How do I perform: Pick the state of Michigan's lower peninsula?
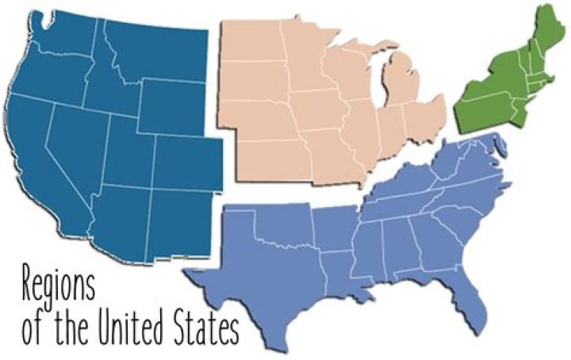click(x=397, y=87)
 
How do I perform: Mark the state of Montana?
click(x=155, y=52)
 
